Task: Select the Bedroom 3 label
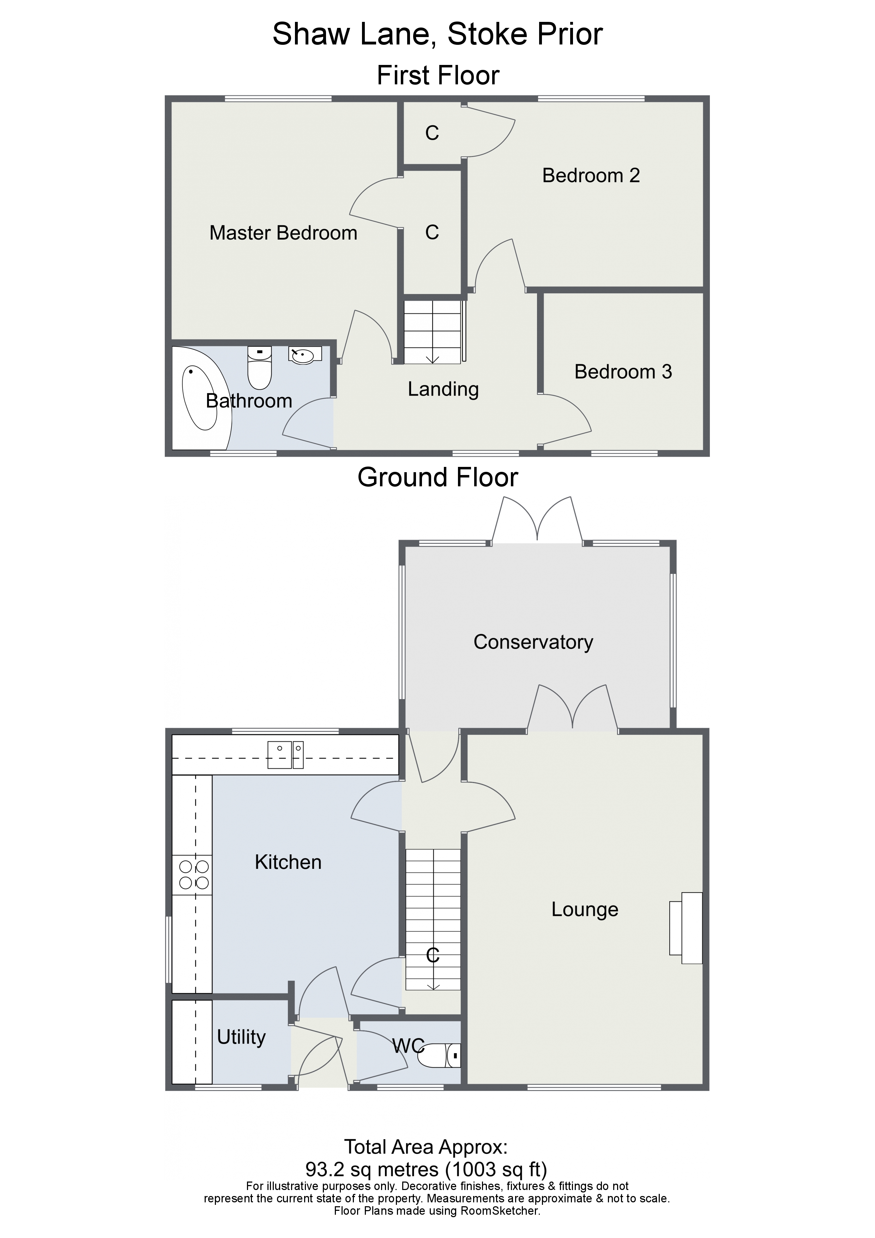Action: tap(623, 372)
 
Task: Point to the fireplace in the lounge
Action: tap(686, 928)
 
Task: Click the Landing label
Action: tap(443, 389)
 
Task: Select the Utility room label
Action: tap(241, 1037)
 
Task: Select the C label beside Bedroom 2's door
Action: tap(432, 133)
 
